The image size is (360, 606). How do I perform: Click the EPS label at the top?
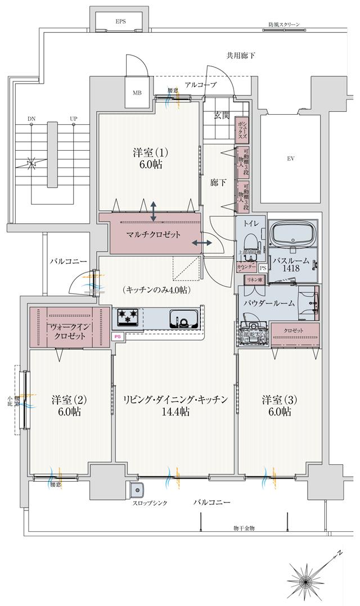pos(120,21)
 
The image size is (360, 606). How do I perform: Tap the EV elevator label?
pos(290,159)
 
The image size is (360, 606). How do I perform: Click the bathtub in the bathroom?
pos(292,233)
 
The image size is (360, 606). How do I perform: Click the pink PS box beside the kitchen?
pos(118,336)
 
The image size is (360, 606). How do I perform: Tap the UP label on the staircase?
pos(73,119)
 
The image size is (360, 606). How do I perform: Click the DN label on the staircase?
pos(31,119)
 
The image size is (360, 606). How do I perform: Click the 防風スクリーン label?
pos(284,25)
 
